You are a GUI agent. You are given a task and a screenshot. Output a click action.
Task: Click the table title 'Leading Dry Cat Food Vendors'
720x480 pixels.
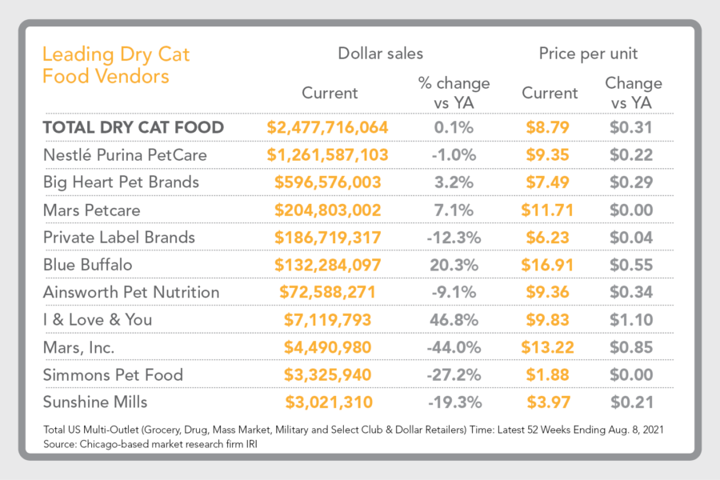tap(116, 66)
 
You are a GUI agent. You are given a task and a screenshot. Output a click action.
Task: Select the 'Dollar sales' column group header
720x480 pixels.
tap(380, 54)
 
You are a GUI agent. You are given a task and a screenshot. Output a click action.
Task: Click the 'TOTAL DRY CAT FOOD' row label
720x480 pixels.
tap(133, 127)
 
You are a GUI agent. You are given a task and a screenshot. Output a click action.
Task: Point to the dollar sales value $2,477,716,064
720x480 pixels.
tap(327, 127)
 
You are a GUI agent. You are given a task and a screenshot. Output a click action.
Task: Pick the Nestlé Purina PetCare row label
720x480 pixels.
tap(125, 154)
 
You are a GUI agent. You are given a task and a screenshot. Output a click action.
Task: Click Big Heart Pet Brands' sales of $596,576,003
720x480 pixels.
tap(327, 182)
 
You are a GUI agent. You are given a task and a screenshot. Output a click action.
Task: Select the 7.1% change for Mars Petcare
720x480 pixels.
tap(454, 210)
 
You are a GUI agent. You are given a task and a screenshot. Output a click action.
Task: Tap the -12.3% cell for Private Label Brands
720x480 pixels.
tap(454, 237)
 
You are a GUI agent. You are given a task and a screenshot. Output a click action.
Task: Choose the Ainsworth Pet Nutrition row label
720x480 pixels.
tap(131, 292)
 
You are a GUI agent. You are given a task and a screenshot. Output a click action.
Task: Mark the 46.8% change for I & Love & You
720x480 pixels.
tap(454, 320)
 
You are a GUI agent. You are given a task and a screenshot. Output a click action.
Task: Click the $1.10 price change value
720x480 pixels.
tap(632, 320)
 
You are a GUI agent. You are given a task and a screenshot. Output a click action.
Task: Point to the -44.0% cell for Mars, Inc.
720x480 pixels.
tap(454, 347)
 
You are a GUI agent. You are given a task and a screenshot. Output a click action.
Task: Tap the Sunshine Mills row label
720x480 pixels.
tap(97, 402)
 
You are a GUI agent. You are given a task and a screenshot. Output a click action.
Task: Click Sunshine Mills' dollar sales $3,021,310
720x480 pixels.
tap(327, 402)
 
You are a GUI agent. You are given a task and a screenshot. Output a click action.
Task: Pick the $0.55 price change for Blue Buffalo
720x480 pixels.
tap(632, 265)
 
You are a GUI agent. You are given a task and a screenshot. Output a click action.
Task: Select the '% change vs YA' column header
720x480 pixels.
tap(454, 92)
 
